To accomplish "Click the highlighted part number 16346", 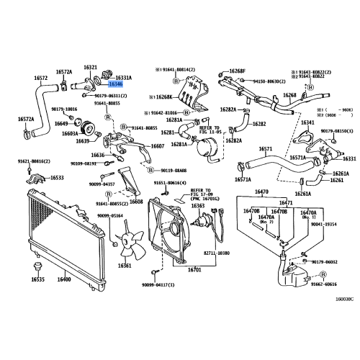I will (117, 85).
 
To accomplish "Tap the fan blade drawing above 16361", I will (128, 241).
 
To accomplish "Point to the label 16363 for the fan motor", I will (197, 206).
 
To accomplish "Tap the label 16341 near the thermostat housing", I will (308, 123).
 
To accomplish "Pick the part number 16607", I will (158, 146).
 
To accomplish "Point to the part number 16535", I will (37, 279).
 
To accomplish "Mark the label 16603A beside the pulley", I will (70, 133).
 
